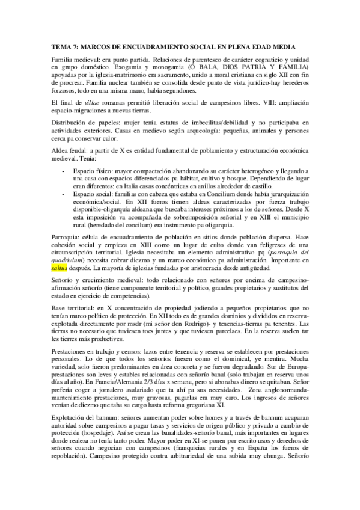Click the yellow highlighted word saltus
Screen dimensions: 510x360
tap(59, 270)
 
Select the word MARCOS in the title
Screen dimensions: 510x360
tap(99, 48)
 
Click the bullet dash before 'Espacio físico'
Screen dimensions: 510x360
tap(64, 171)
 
